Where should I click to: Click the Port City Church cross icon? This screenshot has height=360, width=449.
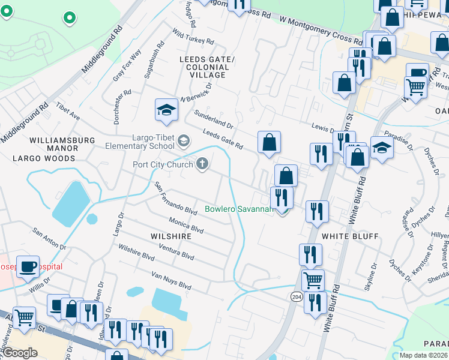[x=203, y=164]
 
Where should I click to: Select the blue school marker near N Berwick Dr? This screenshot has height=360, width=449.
[x=166, y=110]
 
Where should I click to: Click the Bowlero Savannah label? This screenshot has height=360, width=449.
[x=239, y=209]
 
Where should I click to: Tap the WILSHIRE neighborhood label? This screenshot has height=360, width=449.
[x=172, y=236]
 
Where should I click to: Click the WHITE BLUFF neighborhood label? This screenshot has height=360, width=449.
[x=350, y=236]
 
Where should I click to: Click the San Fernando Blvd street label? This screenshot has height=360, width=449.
[x=176, y=199]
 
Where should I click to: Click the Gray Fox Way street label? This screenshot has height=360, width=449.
[x=127, y=65]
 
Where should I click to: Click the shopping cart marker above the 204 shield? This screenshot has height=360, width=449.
[x=313, y=279]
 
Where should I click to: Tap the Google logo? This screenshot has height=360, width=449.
[x=20, y=353]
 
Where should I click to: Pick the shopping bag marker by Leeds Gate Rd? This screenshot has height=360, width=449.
[x=270, y=142]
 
